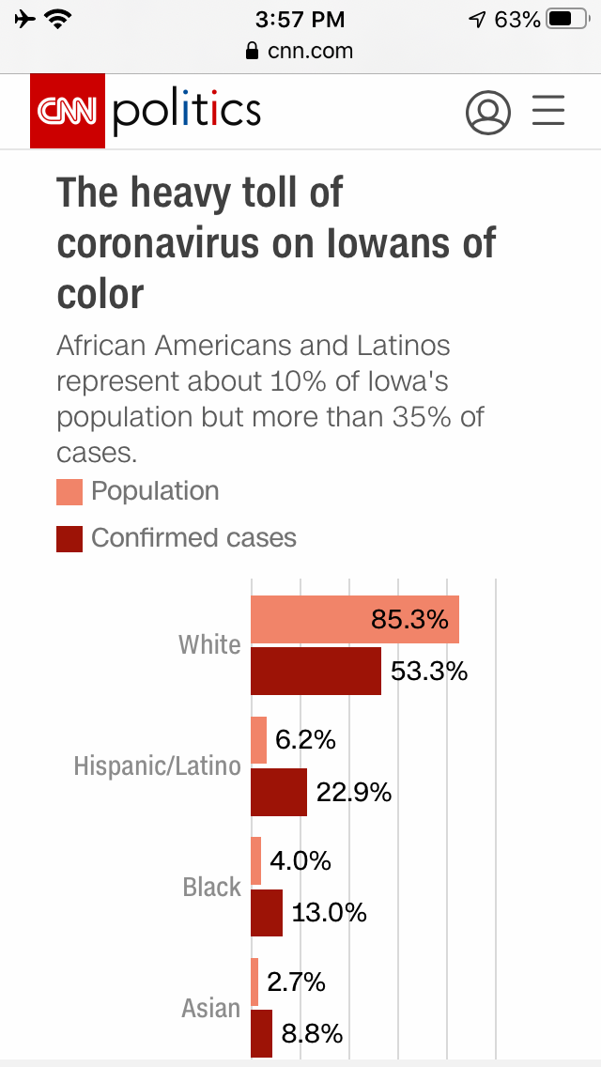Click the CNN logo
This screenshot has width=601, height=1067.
tap(68, 111)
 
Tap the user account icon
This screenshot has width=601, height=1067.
tap(488, 113)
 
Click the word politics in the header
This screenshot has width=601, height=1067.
tap(186, 111)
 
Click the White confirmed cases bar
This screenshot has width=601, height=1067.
tap(316, 671)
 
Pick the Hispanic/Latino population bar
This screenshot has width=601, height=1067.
tap(258, 740)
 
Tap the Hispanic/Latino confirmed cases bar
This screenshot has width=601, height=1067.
tap(279, 792)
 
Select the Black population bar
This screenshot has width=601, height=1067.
tap(255, 860)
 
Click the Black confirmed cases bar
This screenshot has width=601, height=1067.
tap(267, 912)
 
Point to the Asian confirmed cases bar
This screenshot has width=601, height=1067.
tap(261, 1033)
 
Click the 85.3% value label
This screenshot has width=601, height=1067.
tap(409, 620)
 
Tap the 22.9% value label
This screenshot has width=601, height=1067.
tap(354, 792)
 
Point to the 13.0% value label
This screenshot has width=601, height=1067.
tap(329, 912)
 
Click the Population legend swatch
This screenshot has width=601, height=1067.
tap(69, 492)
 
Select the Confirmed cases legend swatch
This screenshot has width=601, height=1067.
tap(69, 539)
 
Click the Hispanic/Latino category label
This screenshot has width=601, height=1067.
tap(158, 766)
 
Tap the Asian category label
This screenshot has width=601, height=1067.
tap(211, 1008)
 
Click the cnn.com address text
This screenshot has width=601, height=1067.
tap(310, 51)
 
